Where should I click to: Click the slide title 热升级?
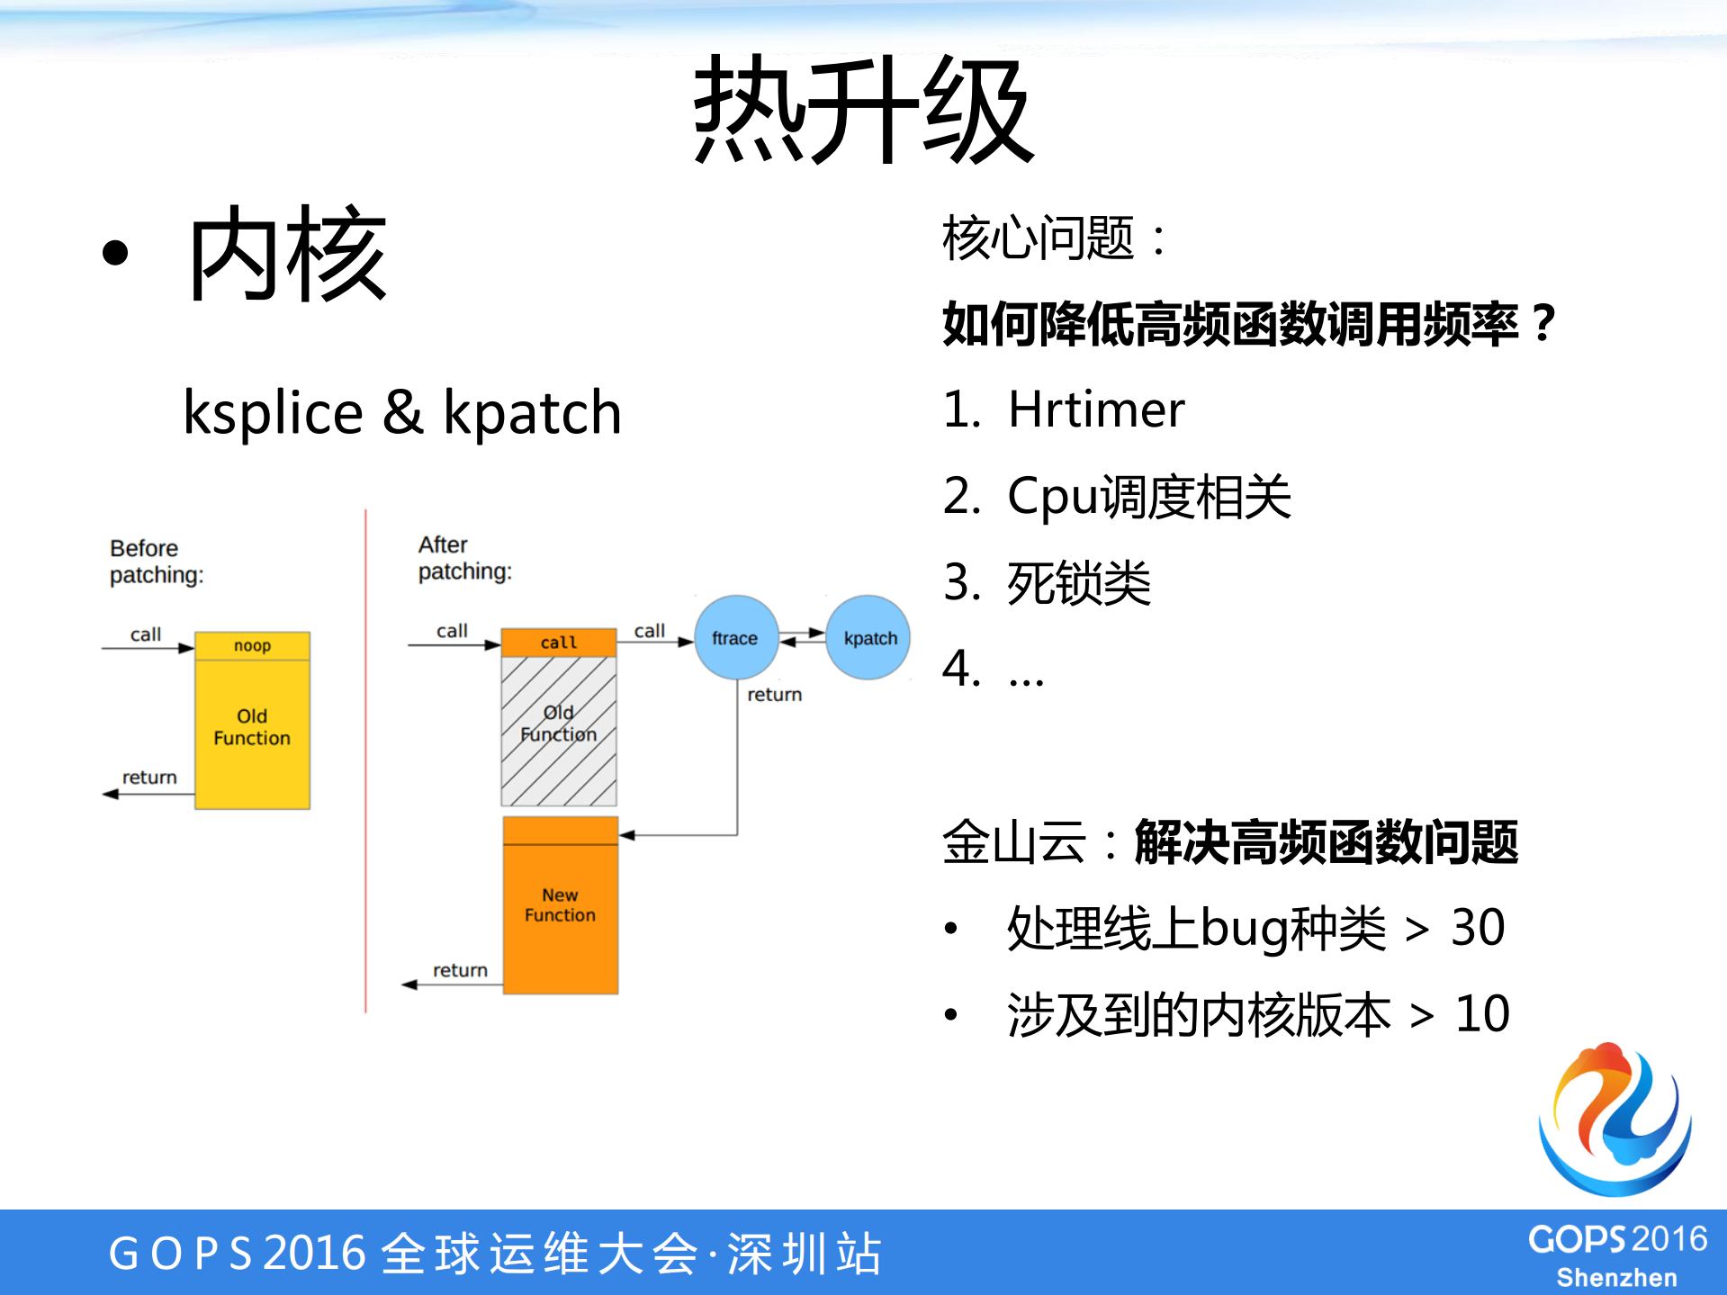(862, 110)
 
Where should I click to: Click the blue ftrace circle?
(735, 637)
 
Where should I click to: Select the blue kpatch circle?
(868, 637)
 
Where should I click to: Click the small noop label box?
(252, 645)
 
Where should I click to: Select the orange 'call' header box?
(558, 642)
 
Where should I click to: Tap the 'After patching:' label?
(464, 558)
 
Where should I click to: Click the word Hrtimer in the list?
(1095, 410)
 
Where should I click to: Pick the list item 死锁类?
(1078, 583)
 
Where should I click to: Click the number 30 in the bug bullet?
(1477, 928)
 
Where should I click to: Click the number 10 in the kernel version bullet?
(1481, 1014)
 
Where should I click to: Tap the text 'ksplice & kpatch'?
(401, 413)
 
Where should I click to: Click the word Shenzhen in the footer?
(1616, 1277)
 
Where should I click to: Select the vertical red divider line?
(365, 760)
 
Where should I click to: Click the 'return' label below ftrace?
(774, 695)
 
